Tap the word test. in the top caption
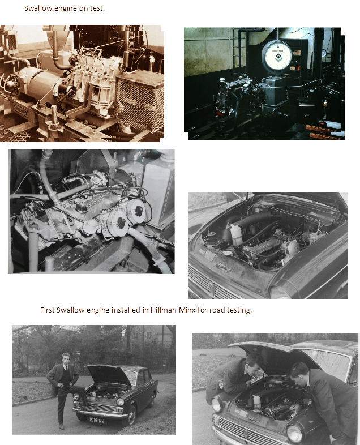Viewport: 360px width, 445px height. tap(97, 8)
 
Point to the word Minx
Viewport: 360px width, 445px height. tap(187, 310)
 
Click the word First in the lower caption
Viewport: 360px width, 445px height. tap(48, 310)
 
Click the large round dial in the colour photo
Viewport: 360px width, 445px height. tap(276, 55)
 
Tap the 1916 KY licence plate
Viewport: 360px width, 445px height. tap(97, 420)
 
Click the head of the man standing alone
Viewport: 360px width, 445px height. tap(66, 358)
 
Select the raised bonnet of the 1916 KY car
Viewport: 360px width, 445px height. tap(108, 374)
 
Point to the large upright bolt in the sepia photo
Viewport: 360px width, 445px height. tap(54, 116)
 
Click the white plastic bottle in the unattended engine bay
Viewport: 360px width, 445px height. tap(236, 234)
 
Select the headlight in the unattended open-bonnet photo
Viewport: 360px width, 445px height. tap(280, 292)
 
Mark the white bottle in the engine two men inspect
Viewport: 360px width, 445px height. tap(258, 401)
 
